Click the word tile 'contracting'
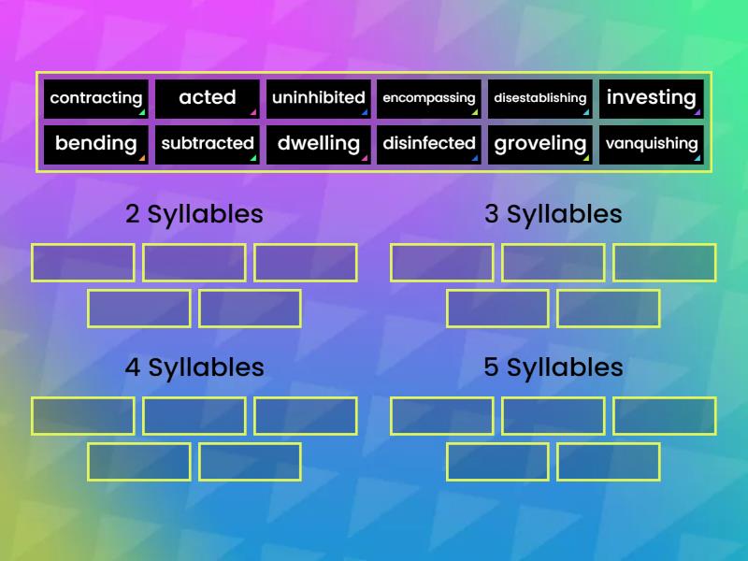click(96, 98)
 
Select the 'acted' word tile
click(207, 98)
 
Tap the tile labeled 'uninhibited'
click(318, 98)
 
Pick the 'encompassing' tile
click(429, 98)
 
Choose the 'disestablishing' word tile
click(540, 98)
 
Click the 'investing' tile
click(652, 98)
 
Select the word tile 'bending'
click(96, 144)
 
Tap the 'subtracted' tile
click(207, 144)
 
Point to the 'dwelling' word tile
click(318, 144)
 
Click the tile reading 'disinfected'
click(429, 144)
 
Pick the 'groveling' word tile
click(540, 144)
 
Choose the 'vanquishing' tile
click(652, 144)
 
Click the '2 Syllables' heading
click(194, 214)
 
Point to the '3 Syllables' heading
click(553, 214)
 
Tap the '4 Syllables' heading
click(194, 367)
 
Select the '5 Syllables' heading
click(553, 367)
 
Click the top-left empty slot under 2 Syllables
click(83, 263)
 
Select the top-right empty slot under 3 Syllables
click(665, 263)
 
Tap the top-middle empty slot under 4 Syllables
click(194, 416)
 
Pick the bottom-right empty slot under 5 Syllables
click(609, 462)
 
